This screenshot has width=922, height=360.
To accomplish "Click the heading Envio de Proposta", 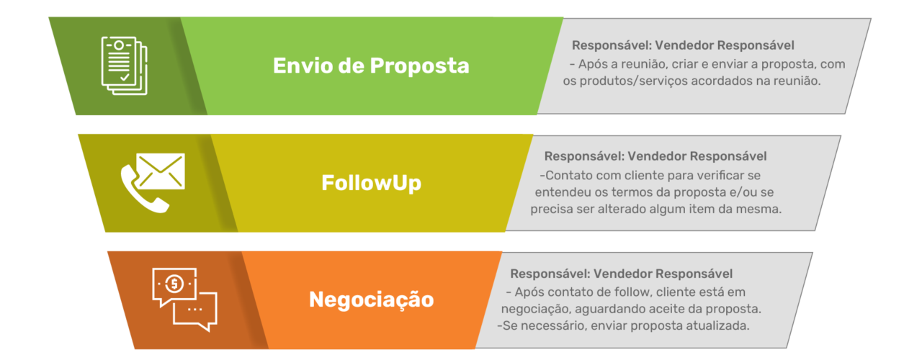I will tap(371, 66).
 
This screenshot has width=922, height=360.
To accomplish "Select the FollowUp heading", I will tap(371, 183).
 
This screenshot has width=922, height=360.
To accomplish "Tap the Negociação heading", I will tap(371, 299).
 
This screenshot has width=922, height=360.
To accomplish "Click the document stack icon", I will tap(123, 66).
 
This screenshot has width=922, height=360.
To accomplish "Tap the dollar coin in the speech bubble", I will tap(174, 284).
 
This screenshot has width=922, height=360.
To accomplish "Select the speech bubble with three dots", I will tap(195, 310).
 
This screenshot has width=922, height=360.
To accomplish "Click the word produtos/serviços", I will tap(632, 81).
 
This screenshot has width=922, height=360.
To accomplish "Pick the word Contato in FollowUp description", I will tap(568, 175).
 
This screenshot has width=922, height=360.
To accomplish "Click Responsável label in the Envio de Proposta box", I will tap(608, 45).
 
